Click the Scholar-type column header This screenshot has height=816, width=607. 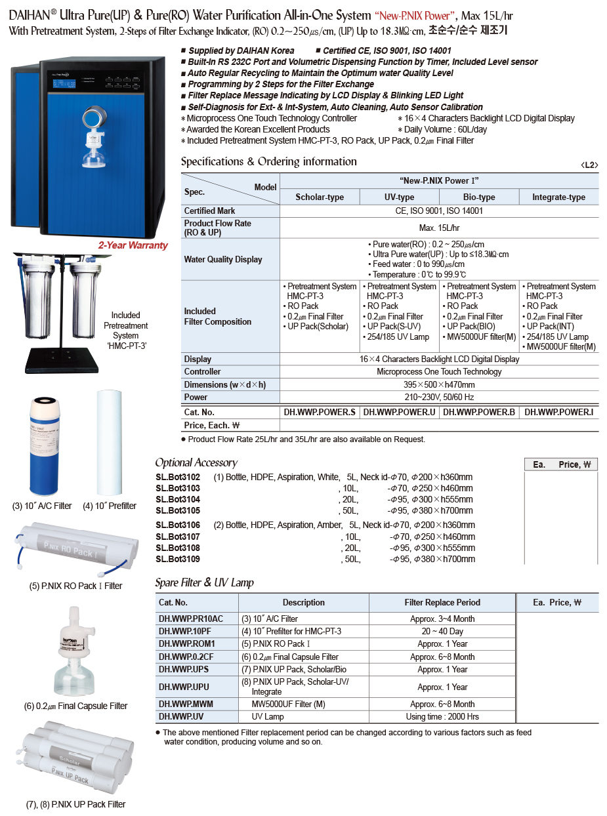(320, 197)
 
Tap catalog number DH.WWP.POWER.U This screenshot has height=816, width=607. (399, 412)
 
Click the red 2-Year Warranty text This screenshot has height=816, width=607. (133, 245)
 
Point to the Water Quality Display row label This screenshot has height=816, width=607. (223, 259)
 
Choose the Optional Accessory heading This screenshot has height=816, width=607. (196, 462)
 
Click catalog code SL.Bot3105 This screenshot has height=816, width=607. (178, 510)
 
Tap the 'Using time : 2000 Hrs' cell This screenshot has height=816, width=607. (442, 716)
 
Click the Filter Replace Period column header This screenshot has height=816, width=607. (442, 602)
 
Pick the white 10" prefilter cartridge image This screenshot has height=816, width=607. (110, 443)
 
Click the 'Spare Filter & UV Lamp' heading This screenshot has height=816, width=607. (204, 582)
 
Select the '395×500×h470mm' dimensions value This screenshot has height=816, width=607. (439, 384)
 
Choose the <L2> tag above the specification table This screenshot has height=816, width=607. (589, 165)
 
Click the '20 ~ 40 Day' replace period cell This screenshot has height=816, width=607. (442, 631)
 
